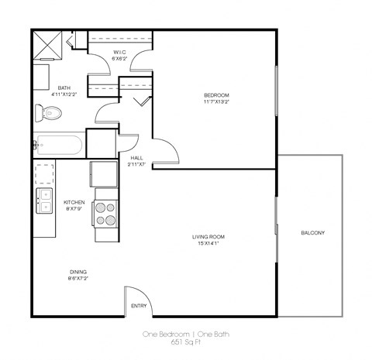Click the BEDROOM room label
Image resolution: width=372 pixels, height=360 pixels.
point(216,95)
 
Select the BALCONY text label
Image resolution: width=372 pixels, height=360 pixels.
point(312,233)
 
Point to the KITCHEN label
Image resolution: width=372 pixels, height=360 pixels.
point(74,202)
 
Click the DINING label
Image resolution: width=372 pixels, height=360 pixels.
point(78,271)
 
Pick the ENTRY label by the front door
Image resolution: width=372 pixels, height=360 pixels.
point(139,306)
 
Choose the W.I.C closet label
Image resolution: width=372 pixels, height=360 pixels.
point(119,52)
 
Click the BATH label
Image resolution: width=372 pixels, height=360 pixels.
point(64,87)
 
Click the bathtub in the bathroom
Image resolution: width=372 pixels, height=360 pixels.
point(59,145)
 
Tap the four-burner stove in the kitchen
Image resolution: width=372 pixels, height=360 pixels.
point(105,213)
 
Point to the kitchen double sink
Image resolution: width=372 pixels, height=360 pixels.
point(44,201)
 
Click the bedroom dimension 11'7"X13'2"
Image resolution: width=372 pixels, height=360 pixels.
point(216,102)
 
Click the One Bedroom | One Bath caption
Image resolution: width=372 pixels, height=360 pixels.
point(185,334)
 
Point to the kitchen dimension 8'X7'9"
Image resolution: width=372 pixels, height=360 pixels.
point(74,209)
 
